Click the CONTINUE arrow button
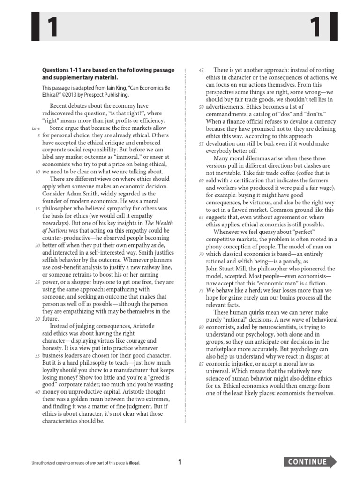[x=310, y=462]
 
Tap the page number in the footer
[x=180, y=462]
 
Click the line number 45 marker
[x=201, y=70]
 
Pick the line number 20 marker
[x=37, y=245]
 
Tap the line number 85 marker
[x=201, y=364]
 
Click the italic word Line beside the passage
[x=36, y=128]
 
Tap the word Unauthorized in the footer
[x=44, y=463]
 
